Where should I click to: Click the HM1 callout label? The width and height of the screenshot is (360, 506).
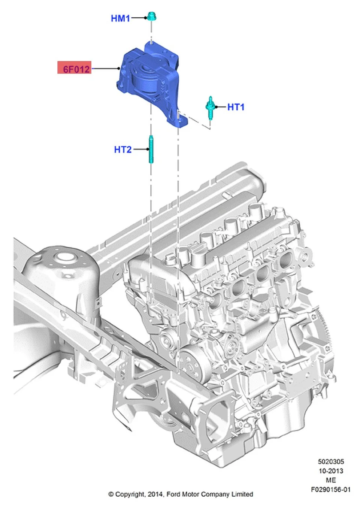[120, 18]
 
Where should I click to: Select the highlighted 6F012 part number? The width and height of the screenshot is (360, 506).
[74, 67]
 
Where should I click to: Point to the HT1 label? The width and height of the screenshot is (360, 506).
[236, 107]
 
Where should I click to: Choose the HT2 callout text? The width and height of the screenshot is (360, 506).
[123, 149]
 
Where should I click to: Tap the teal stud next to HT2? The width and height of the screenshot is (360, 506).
[151, 149]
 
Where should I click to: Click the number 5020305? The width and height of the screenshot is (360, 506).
[331, 461]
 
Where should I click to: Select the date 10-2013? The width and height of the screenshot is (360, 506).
[331, 471]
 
